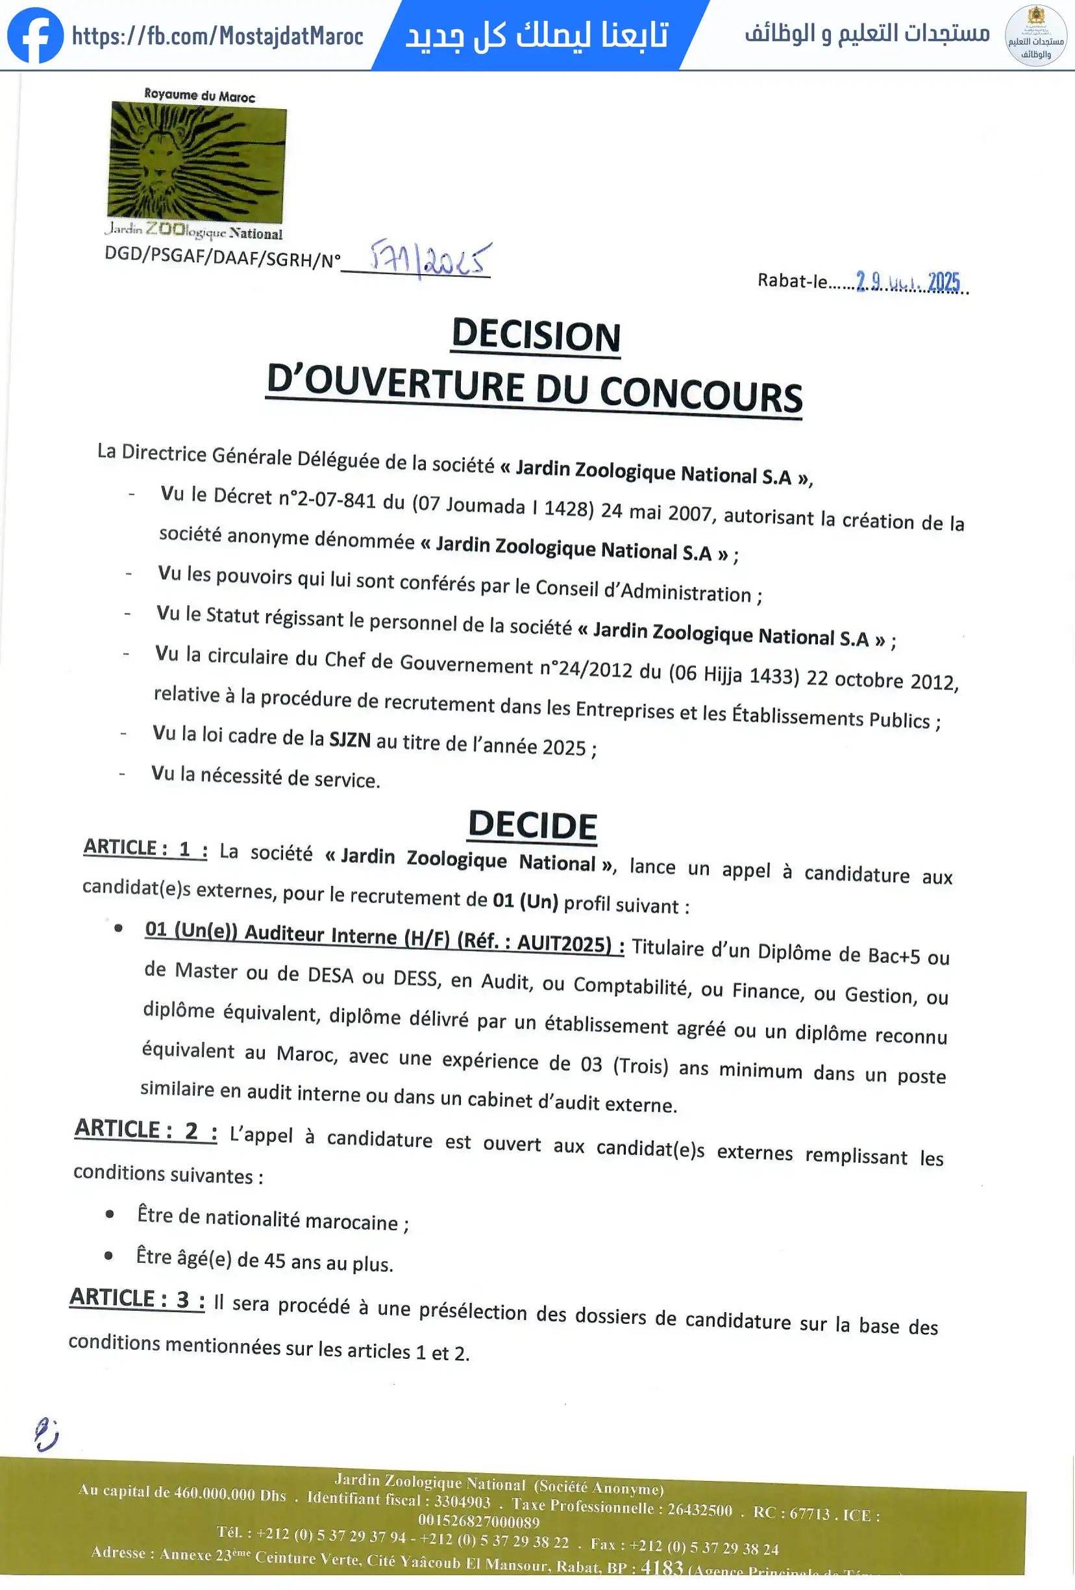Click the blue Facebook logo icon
pyautogui.click(x=35, y=36)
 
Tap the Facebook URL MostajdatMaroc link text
pyautogui.click(x=217, y=36)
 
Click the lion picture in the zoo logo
pyautogui.click(x=197, y=162)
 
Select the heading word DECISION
pyautogui.click(x=536, y=335)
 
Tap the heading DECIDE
pyautogui.click(x=532, y=825)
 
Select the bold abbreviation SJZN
pyautogui.click(x=350, y=739)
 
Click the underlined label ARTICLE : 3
pyautogui.click(x=137, y=1298)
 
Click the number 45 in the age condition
pyautogui.click(x=274, y=1260)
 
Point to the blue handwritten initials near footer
pyautogui.click(x=46, y=1434)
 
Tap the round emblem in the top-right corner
pyautogui.click(x=1036, y=36)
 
